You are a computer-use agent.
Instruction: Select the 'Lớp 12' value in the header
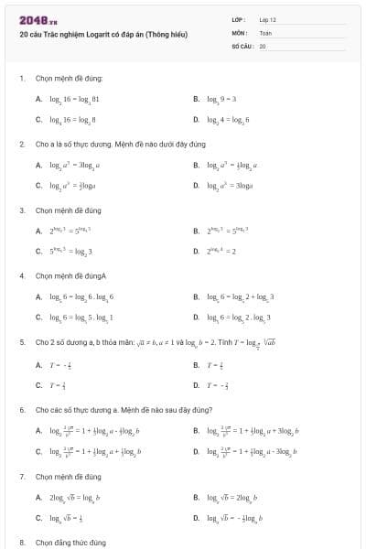click(x=268, y=18)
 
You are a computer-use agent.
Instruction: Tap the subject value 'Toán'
click(x=265, y=31)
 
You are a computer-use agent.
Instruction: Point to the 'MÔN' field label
click(x=239, y=31)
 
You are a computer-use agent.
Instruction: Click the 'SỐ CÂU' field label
click(x=242, y=45)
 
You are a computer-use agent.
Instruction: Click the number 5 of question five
click(x=22, y=340)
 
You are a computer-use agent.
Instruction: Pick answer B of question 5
click(x=210, y=363)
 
